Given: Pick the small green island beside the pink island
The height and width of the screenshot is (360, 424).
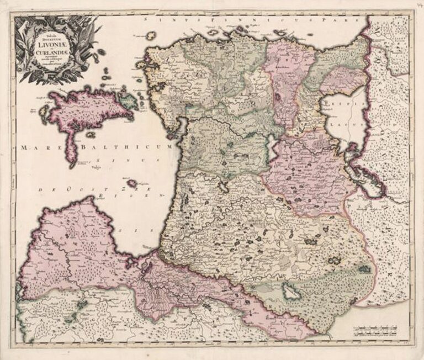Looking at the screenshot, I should click(x=129, y=101).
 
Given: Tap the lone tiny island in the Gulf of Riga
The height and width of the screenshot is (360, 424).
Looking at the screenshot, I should click(x=132, y=183).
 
